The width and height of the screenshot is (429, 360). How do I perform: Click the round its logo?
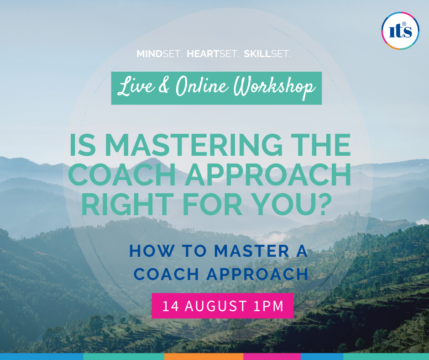coord(400,31)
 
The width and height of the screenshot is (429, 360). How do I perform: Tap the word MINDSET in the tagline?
coord(159,54)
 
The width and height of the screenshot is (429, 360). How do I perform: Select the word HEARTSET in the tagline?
coord(213,54)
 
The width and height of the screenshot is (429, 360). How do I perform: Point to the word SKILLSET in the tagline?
coord(267,54)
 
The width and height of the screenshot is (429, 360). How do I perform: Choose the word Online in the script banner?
coord(202,86)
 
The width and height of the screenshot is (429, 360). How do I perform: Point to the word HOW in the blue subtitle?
coord(152,250)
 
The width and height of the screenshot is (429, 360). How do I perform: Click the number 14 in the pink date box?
coord(171,306)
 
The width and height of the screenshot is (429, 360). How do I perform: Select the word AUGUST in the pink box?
coord(216,306)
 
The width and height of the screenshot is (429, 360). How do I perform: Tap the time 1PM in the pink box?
coord(268,306)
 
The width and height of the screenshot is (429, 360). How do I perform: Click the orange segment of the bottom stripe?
coord(204,357)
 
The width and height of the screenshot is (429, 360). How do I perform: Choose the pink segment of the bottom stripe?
coord(272,357)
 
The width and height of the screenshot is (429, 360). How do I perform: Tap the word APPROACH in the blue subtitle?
coord(257,274)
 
